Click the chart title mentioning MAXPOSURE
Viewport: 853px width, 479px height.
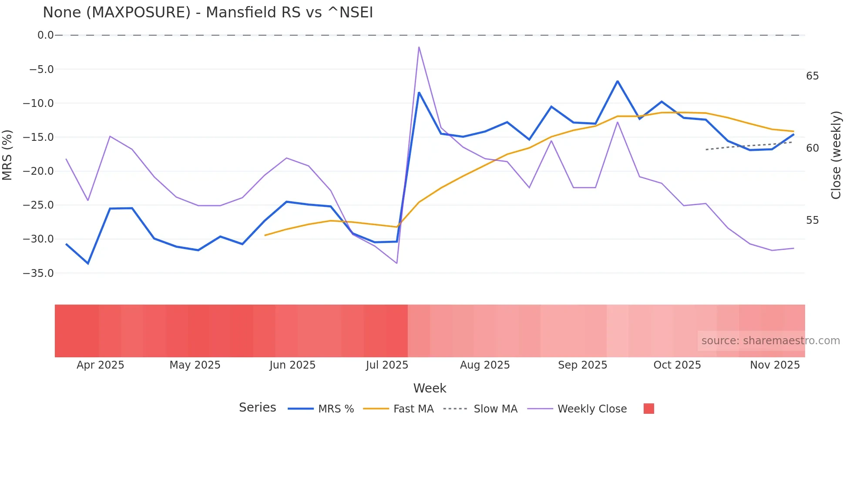point(208,13)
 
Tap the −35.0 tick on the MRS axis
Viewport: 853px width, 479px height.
point(38,273)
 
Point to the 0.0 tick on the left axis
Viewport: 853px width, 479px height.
point(45,35)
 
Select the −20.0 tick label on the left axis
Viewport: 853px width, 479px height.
point(38,171)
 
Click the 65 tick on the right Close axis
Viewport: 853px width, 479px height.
point(812,76)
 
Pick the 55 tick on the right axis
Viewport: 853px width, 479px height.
point(812,220)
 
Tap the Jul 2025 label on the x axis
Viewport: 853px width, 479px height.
point(387,365)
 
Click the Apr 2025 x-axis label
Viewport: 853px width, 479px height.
point(100,365)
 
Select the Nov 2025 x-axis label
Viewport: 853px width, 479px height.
point(775,365)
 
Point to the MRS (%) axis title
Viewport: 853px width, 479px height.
point(7,155)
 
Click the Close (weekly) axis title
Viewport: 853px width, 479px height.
point(836,155)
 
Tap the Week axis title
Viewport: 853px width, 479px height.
point(430,388)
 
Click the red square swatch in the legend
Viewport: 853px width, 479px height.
point(648,409)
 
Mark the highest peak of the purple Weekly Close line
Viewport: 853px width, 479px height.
point(419,47)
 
